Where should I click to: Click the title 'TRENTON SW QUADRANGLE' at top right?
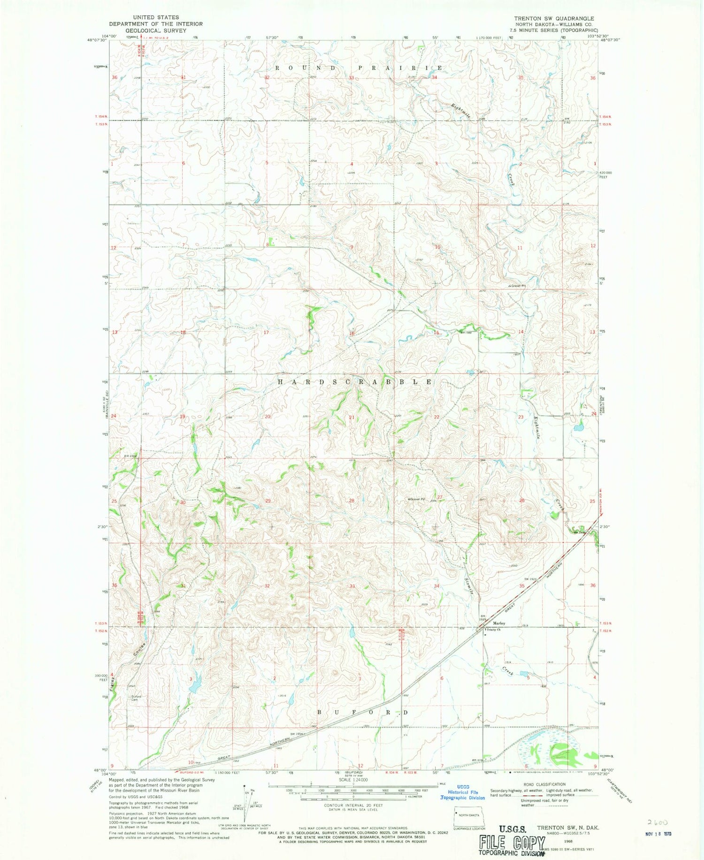point(554,19)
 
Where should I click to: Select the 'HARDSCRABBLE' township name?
point(355,382)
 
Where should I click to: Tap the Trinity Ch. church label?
point(493,630)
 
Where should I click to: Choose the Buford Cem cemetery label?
point(136,698)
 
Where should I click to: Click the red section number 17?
point(266,333)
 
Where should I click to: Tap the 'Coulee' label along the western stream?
point(138,650)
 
